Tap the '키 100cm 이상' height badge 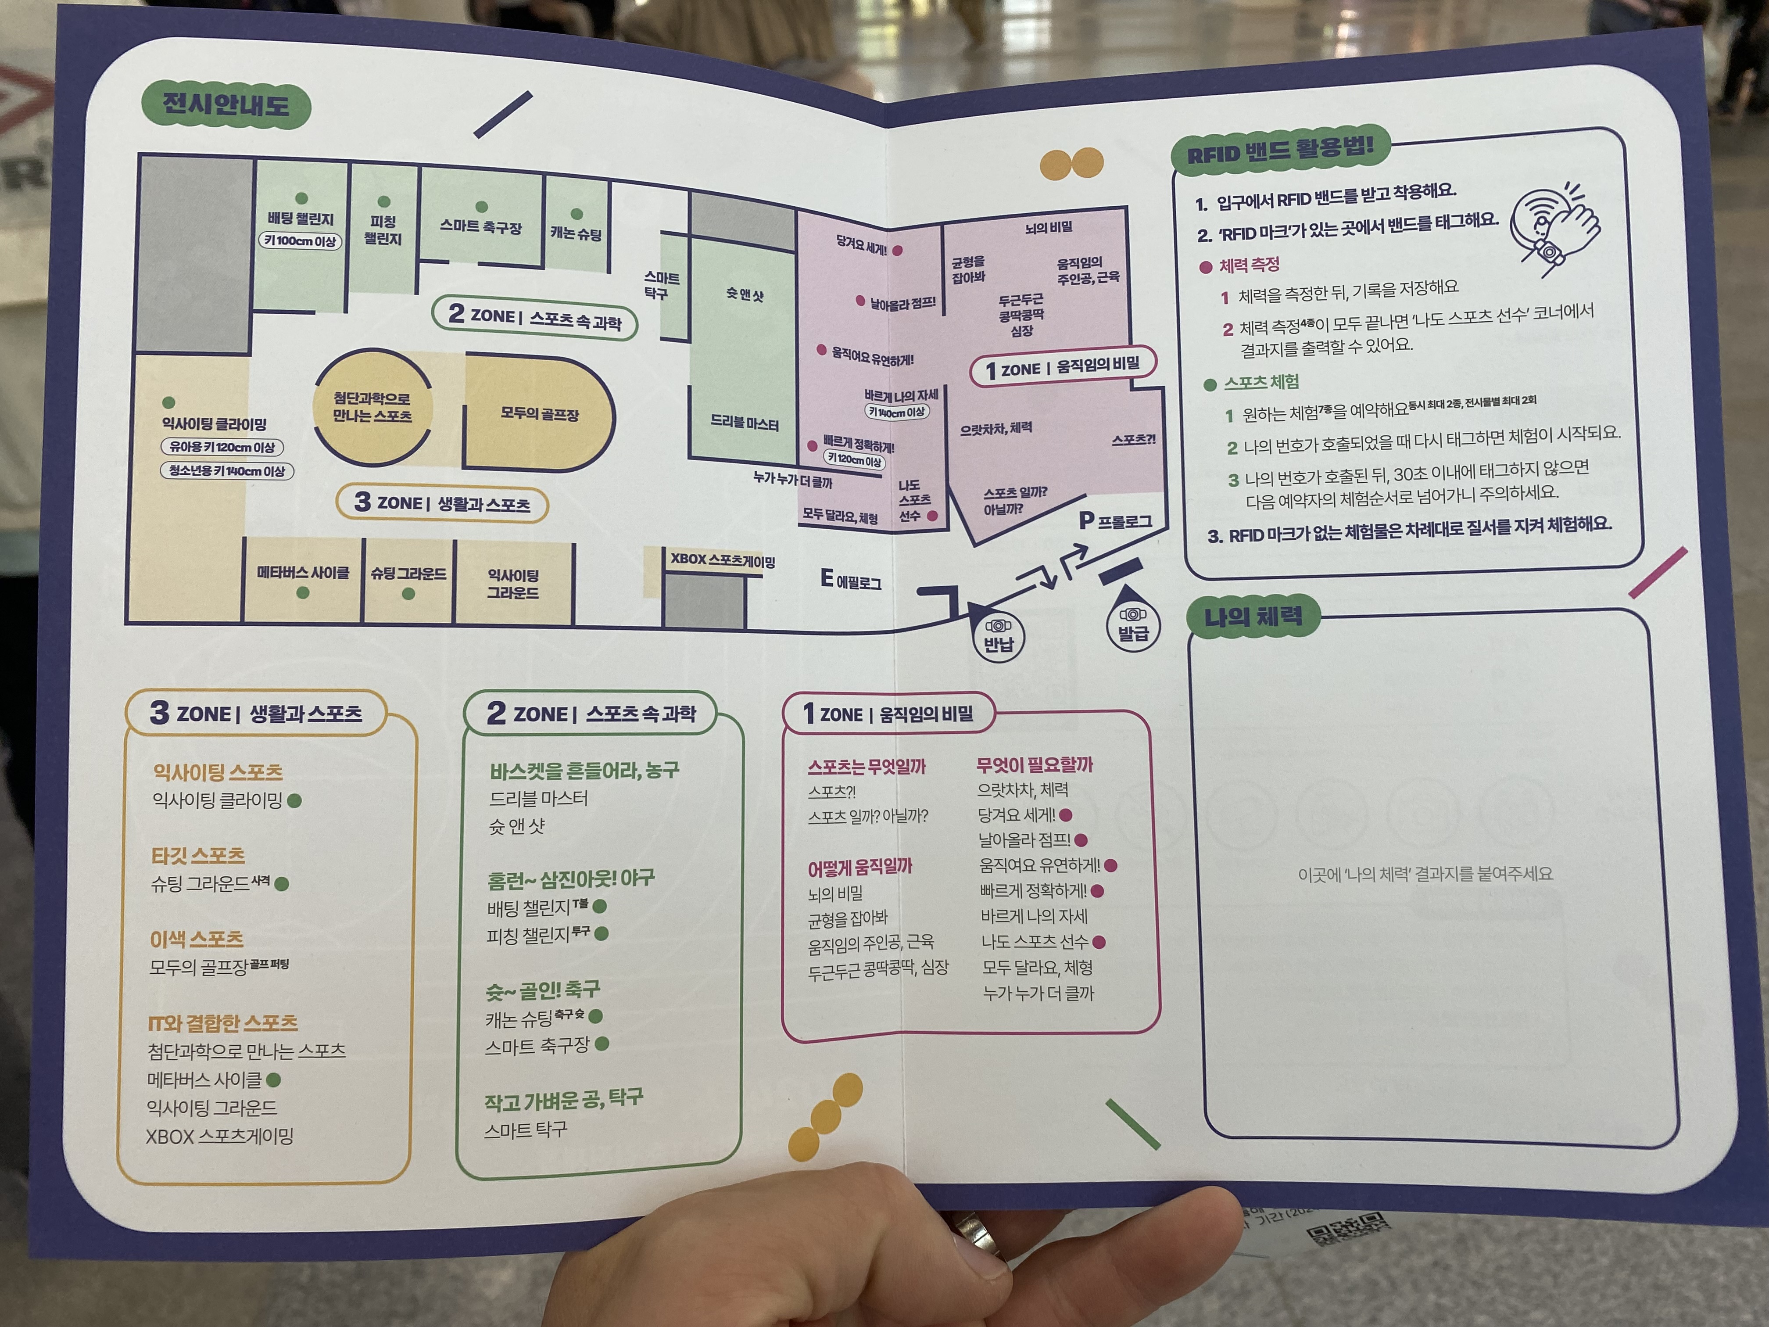tap(300, 241)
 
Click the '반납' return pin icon tap(998, 636)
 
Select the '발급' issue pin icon tap(1132, 625)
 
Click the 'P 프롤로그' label tap(1116, 521)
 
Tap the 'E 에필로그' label tap(851, 580)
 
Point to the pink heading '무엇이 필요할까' tap(1034, 765)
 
